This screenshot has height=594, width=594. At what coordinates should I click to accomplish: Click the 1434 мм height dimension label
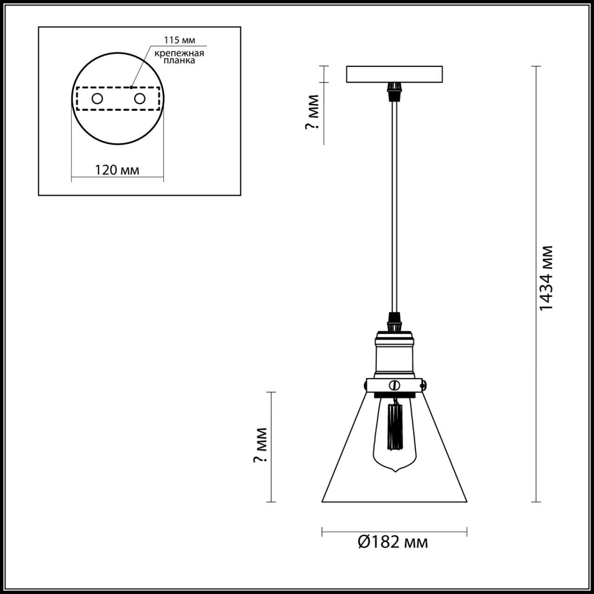click(x=547, y=278)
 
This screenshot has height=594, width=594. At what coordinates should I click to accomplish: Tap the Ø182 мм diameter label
click(x=393, y=542)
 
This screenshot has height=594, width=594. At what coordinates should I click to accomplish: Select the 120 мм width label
click(x=117, y=170)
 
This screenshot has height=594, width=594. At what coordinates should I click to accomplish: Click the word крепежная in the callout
click(x=179, y=53)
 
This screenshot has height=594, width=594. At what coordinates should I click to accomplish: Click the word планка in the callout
click(x=179, y=61)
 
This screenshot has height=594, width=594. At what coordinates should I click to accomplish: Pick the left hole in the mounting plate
click(x=97, y=98)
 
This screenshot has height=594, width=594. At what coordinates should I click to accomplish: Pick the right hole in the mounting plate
click(x=139, y=98)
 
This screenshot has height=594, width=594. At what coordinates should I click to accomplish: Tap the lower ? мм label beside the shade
click(x=261, y=445)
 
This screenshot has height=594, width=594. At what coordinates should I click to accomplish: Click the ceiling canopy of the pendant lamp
click(x=394, y=74)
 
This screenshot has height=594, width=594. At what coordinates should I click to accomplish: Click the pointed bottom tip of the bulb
click(x=395, y=471)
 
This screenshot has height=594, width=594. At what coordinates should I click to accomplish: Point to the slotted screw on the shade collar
click(x=395, y=385)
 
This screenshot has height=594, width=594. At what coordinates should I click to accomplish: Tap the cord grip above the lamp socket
click(x=394, y=321)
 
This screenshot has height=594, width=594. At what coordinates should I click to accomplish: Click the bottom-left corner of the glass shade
click(x=323, y=501)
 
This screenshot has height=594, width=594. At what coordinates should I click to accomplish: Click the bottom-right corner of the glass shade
click(x=466, y=501)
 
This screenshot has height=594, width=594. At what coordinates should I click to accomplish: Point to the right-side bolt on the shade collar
click(x=424, y=384)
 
